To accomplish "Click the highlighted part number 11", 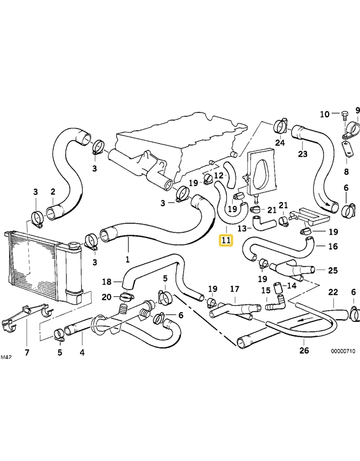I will pyautogui.click(x=225, y=240).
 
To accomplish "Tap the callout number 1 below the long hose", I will pyautogui.click(x=127, y=259).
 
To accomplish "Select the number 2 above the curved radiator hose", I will pyautogui.click(x=53, y=192).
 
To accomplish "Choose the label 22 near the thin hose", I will pyautogui.click(x=333, y=292).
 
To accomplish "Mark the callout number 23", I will pyautogui.click(x=302, y=154).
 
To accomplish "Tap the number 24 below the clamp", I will pyautogui.click(x=280, y=143).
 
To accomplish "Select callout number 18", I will pyautogui.click(x=106, y=282).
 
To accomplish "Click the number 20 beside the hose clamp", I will pyautogui.click(x=106, y=297).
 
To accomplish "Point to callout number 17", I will pyautogui.click(x=235, y=289).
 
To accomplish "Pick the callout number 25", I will pyautogui.click(x=333, y=271).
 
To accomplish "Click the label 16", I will pyautogui.click(x=333, y=246).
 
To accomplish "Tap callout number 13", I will pyautogui.click(x=242, y=228).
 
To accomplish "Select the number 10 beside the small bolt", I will pyautogui.click(x=324, y=114).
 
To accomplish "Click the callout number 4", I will pyautogui.click(x=82, y=352).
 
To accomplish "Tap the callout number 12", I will pyautogui.click(x=218, y=175).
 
